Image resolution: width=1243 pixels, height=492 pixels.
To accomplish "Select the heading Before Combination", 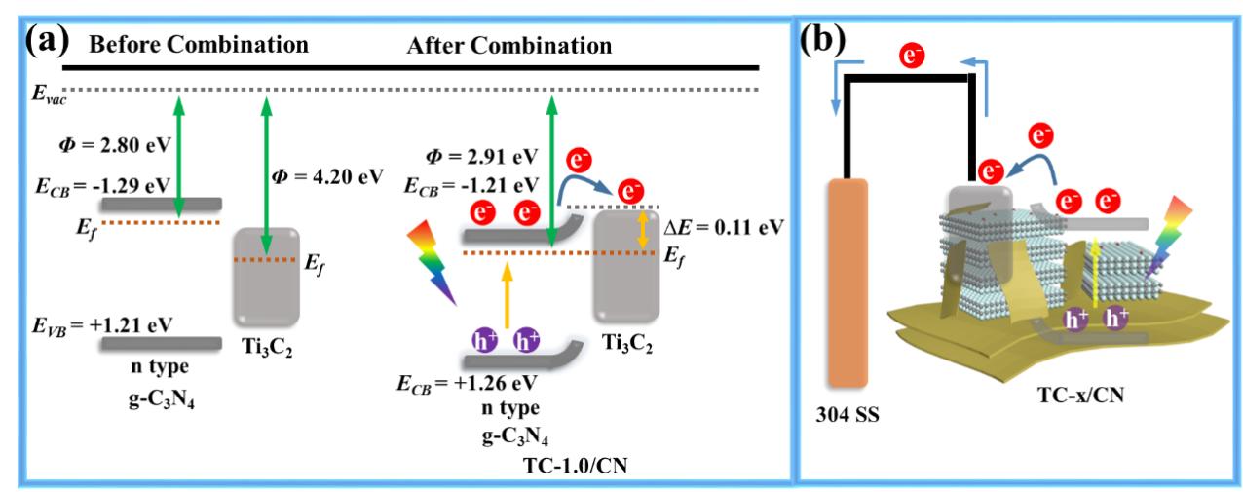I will (199, 45).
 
